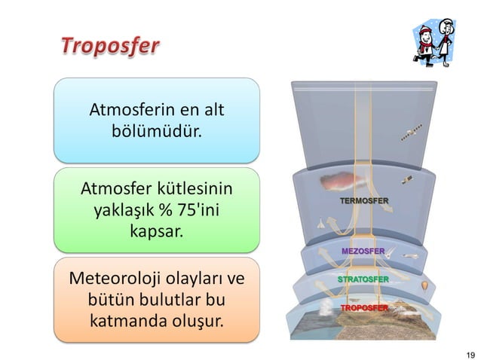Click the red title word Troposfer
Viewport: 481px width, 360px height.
(x=109, y=47)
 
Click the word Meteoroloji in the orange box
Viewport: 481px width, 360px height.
(x=114, y=279)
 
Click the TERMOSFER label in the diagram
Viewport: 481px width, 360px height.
(x=363, y=201)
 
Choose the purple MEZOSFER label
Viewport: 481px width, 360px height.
(x=363, y=250)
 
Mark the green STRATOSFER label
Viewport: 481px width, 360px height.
(x=363, y=279)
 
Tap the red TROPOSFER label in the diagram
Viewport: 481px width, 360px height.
(x=363, y=309)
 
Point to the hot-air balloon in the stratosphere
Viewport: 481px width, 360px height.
(x=425, y=286)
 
